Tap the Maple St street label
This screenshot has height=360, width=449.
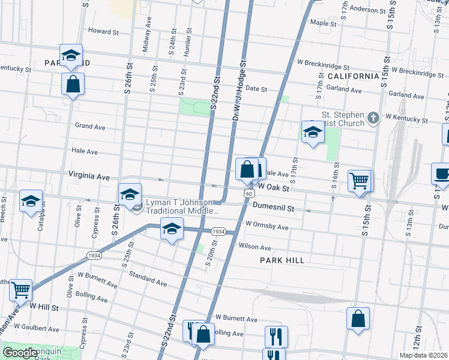pyautogui.click(x=322, y=23)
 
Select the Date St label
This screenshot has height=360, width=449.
pyautogui.click(x=256, y=88)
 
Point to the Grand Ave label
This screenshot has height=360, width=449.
pyautogui.click(x=90, y=127)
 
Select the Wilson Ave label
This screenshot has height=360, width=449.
pyautogui.click(x=255, y=247)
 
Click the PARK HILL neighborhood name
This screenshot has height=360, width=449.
pyautogui.click(x=282, y=260)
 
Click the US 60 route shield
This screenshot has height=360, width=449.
pyautogui.click(x=249, y=193)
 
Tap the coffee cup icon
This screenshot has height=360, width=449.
pyautogui.click(x=441, y=173)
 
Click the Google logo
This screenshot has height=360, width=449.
pyautogui.click(x=19, y=353)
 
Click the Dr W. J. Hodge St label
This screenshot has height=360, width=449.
pyautogui.click(x=240, y=88)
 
